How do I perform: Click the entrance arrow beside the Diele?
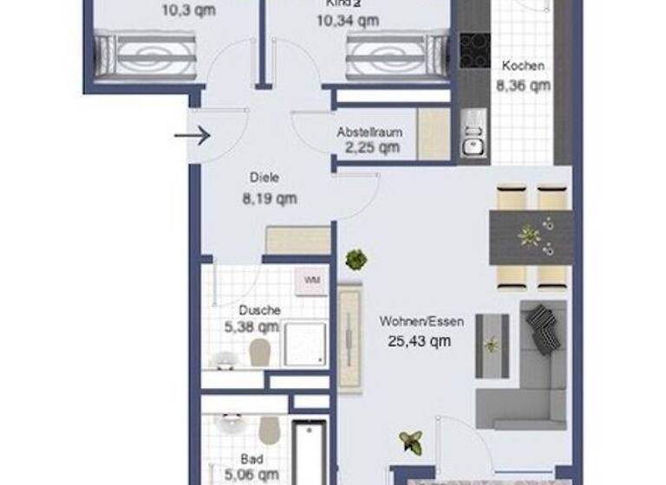click(x=192, y=135)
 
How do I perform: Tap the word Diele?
click(x=264, y=178)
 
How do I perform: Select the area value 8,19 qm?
click(x=269, y=198)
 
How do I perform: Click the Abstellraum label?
click(x=369, y=133)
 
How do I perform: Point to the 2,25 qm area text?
click(x=372, y=147)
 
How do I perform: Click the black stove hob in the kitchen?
click(x=474, y=50)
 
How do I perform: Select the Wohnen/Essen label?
click(x=421, y=321)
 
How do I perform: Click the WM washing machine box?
click(x=311, y=280)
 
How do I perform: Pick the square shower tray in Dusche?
click(x=305, y=344)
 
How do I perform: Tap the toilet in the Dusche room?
click(x=258, y=351)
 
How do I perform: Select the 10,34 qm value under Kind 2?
click(x=347, y=20)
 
